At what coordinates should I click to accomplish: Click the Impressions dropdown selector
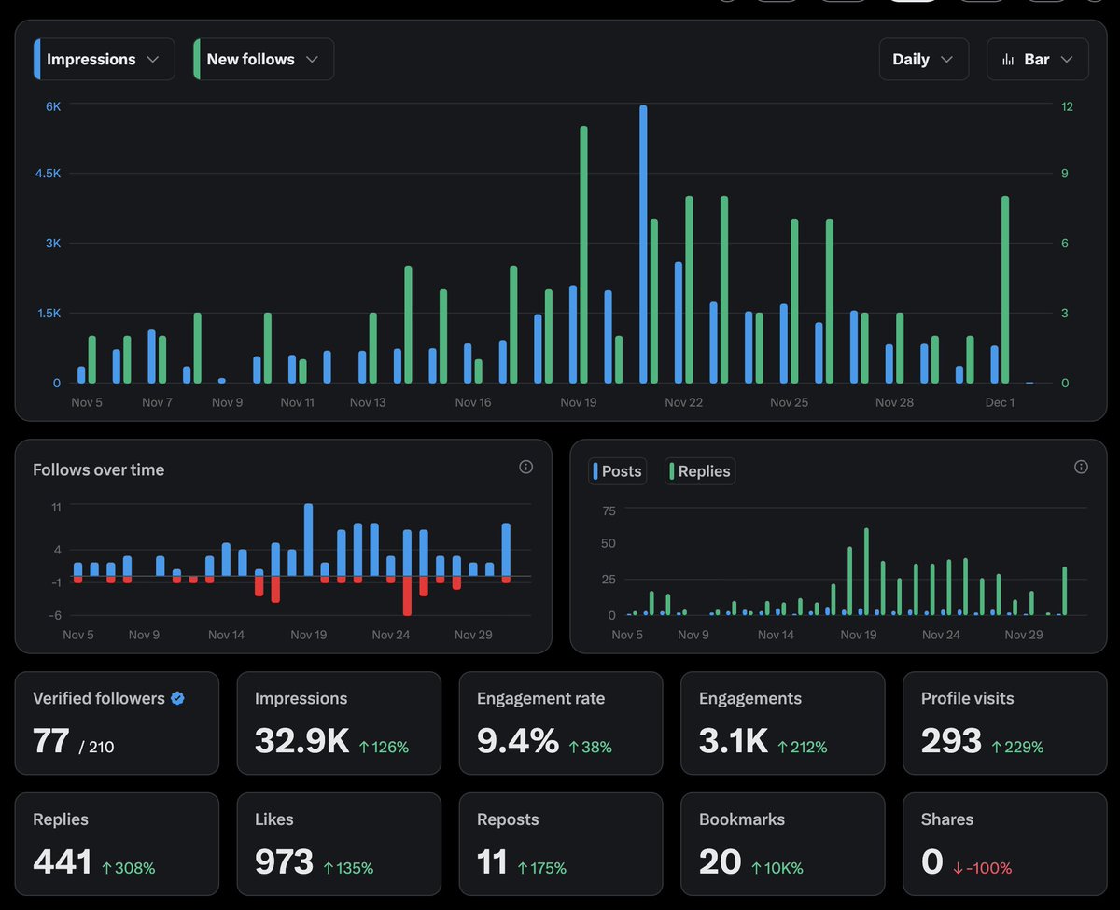[103, 59]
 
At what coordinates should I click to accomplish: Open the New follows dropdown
[262, 59]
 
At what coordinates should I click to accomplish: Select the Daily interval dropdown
[922, 59]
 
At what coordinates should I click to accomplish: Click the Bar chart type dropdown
[1037, 59]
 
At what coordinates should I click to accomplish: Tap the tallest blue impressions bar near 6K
[643, 243]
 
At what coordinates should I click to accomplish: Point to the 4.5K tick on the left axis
[48, 174]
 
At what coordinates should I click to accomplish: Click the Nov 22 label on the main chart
[683, 402]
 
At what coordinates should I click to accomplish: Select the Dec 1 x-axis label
[1000, 402]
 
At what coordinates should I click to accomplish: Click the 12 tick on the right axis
[1067, 106]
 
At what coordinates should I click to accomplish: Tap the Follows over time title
[98, 469]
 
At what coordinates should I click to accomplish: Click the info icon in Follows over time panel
[525, 467]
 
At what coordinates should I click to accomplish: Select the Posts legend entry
[618, 471]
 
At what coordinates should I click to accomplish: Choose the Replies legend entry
[701, 471]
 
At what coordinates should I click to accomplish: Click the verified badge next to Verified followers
[177, 698]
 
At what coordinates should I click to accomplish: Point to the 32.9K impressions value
[301, 741]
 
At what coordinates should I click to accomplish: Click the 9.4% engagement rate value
[517, 741]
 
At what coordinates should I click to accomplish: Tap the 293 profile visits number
[951, 741]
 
